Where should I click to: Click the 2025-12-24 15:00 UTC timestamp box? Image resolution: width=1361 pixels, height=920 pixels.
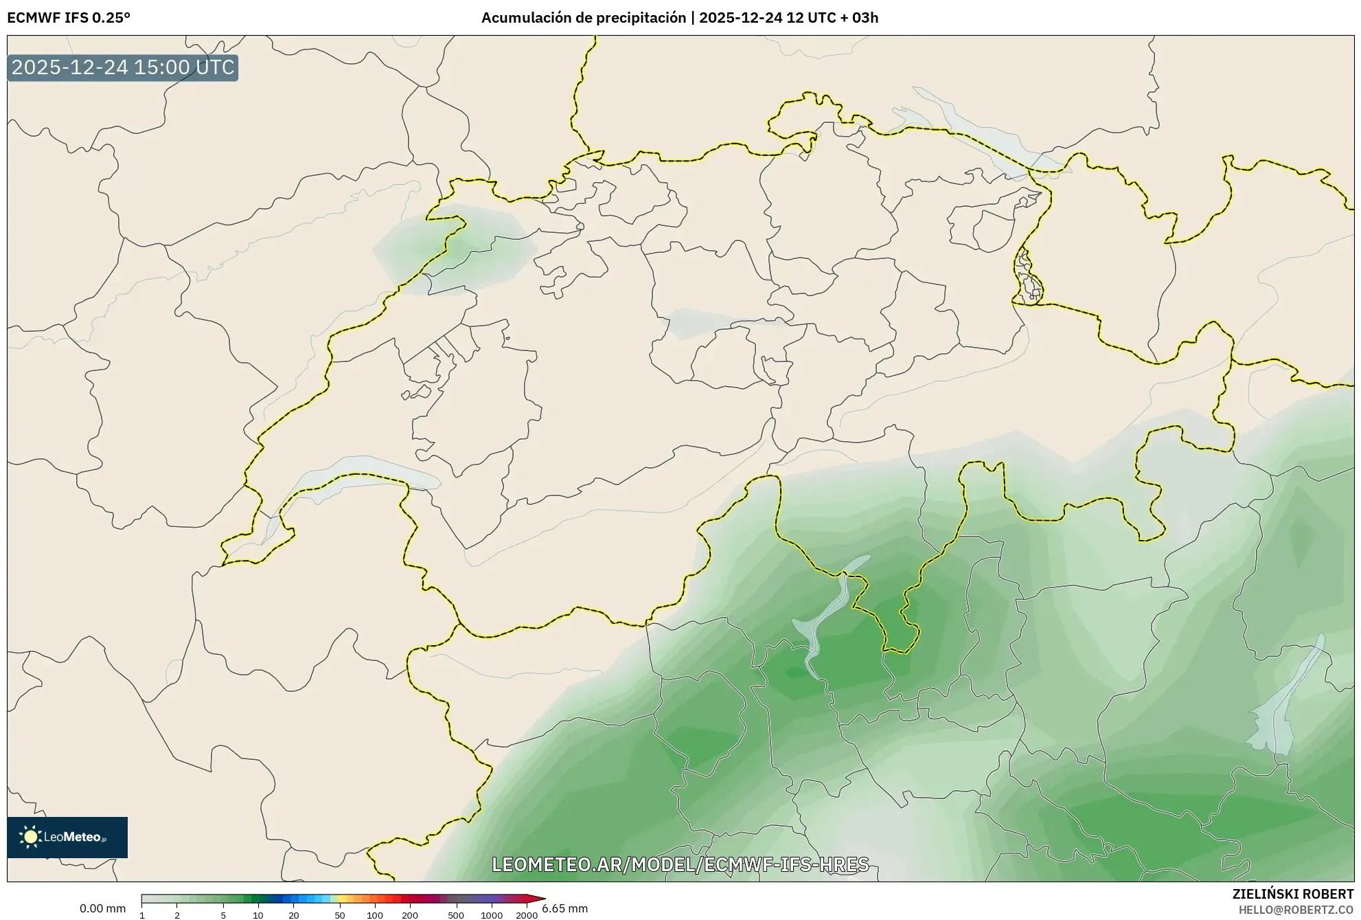click(x=123, y=68)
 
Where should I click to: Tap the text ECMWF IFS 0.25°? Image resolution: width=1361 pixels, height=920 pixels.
click(x=69, y=18)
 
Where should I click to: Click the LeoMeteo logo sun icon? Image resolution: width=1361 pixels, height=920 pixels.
click(x=30, y=836)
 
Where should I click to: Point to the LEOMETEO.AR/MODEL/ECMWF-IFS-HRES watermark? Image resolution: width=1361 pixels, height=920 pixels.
click(x=680, y=864)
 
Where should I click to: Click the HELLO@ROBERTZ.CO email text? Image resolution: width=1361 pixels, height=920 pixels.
click(x=1296, y=909)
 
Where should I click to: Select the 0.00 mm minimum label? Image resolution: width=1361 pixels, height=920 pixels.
click(x=102, y=908)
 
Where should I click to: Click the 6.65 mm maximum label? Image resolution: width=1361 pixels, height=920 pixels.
click(x=564, y=908)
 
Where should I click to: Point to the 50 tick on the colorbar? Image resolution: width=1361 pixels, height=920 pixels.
click(x=339, y=915)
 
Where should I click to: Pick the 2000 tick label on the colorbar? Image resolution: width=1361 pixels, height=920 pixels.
click(x=526, y=915)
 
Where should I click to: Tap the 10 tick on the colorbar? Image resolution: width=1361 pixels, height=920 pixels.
click(x=258, y=915)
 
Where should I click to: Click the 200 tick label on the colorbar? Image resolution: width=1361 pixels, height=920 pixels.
click(x=410, y=915)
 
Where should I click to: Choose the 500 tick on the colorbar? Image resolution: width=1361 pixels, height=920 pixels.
click(x=456, y=915)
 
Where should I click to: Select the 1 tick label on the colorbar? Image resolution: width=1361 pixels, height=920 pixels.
click(x=142, y=915)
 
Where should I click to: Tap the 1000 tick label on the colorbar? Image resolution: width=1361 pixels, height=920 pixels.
click(x=492, y=915)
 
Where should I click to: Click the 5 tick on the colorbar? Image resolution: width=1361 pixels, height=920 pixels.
click(x=223, y=915)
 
